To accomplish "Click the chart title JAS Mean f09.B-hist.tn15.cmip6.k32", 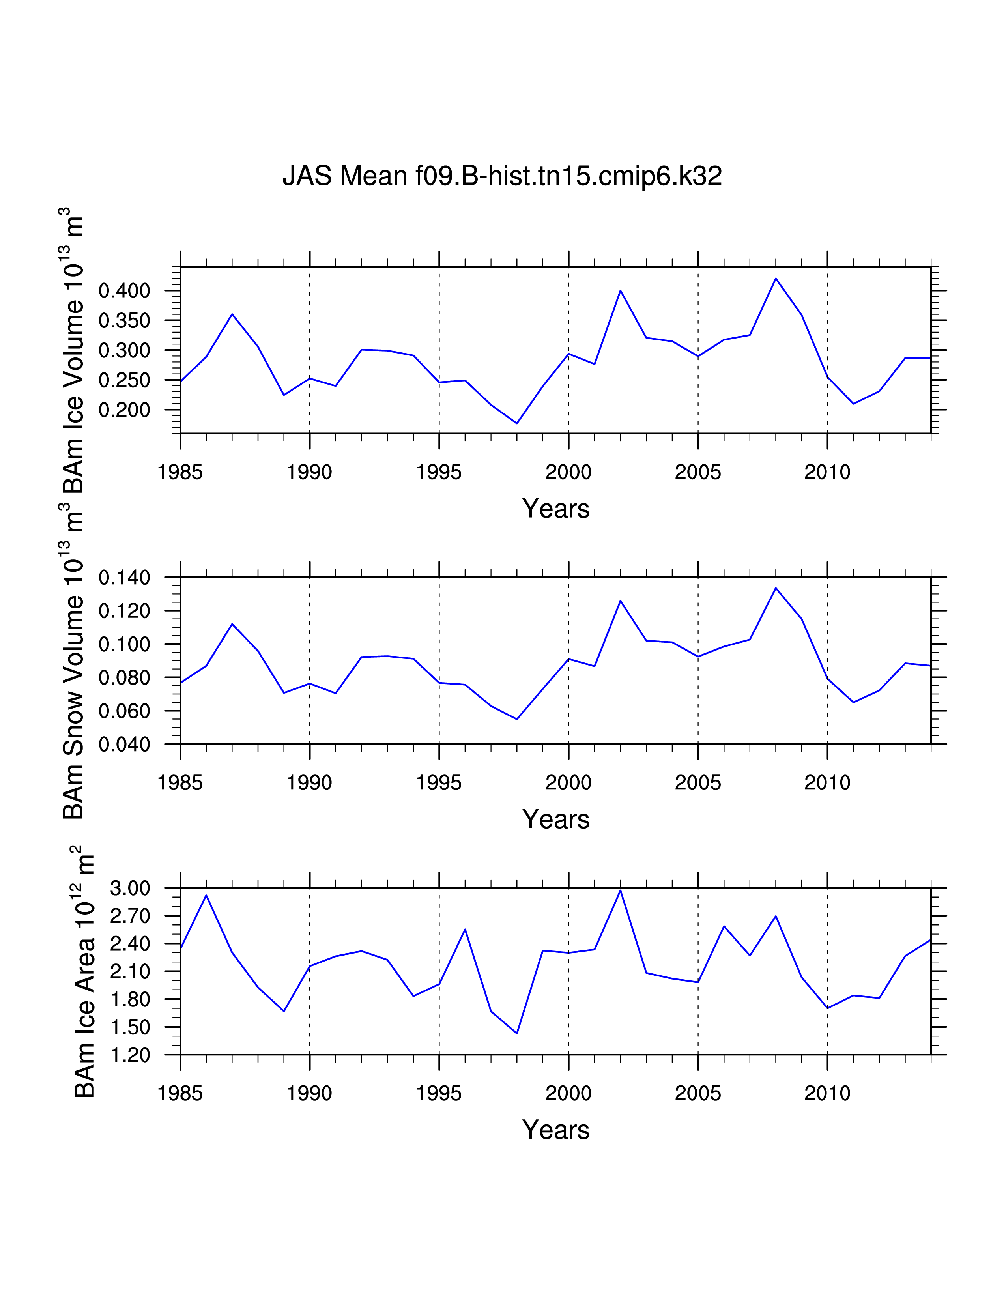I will pyautogui.click(x=502, y=176).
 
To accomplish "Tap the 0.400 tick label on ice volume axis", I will pyautogui.click(x=125, y=291).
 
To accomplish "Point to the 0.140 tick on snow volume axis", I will pyautogui.click(x=125, y=577).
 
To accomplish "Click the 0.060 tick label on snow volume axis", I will pyautogui.click(x=125, y=711).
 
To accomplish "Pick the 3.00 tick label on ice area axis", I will pyautogui.click(x=130, y=888).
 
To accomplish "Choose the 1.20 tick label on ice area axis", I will pyautogui.click(x=130, y=1055).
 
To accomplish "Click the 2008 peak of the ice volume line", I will pyautogui.click(x=775, y=279).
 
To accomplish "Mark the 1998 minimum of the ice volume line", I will pyautogui.click(x=517, y=423).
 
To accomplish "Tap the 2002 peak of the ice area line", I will pyautogui.click(x=621, y=890).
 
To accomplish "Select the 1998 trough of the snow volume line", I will pyautogui.click(x=517, y=719).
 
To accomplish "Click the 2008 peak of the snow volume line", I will pyautogui.click(x=775, y=588).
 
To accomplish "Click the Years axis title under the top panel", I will pyautogui.click(x=555, y=509).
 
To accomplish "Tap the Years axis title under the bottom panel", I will pyautogui.click(x=555, y=1130).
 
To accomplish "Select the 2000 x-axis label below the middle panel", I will pyautogui.click(x=568, y=783).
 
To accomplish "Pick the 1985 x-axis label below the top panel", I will pyautogui.click(x=180, y=472).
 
